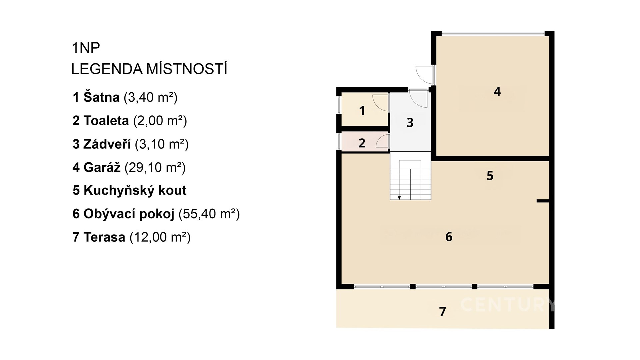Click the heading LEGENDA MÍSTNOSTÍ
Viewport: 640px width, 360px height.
click(149, 69)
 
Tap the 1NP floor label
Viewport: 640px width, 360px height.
click(86, 48)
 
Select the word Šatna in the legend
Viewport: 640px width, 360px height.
click(101, 97)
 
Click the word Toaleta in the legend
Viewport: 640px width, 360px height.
click(106, 120)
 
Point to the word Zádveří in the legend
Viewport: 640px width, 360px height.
click(107, 144)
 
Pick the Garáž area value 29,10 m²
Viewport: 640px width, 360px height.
click(155, 167)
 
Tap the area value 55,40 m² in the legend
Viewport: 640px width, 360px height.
click(209, 214)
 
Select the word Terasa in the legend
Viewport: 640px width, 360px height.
click(104, 237)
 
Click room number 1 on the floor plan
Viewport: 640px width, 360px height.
click(362, 111)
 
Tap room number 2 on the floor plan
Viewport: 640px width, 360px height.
click(362, 143)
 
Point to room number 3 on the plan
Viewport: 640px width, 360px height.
click(410, 123)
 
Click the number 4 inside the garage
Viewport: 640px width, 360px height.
click(497, 91)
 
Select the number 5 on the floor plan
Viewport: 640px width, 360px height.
click(490, 176)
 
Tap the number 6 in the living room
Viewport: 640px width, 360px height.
click(449, 237)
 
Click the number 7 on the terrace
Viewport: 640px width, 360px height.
click(442, 311)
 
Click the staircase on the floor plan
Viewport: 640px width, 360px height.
click(411, 176)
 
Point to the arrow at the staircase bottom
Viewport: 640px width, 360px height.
click(399, 198)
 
